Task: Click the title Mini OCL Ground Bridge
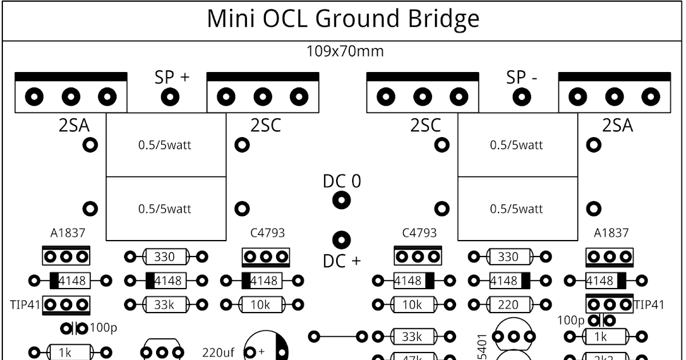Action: tap(342, 19)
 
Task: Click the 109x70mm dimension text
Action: tap(345, 51)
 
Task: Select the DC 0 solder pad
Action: tap(342, 200)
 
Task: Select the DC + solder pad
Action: tap(342, 238)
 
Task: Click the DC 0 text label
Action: tap(342, 181)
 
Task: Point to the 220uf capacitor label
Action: tap(218, 352)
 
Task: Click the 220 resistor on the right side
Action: tap(508, 305)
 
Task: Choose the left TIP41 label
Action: tap(25, 305)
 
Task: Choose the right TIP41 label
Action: tap(651, 305)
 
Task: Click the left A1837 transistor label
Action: tap(67, 233)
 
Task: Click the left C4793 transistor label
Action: tap(267, 233)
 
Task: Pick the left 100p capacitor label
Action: tap(103, 328)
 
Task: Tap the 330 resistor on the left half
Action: tap(164, 257)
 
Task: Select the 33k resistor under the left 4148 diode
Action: tap(164, 305)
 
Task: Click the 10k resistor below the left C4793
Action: tap(260, 305)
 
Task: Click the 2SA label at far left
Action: tap(74, 125)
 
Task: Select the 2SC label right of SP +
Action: tap(266, 125)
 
